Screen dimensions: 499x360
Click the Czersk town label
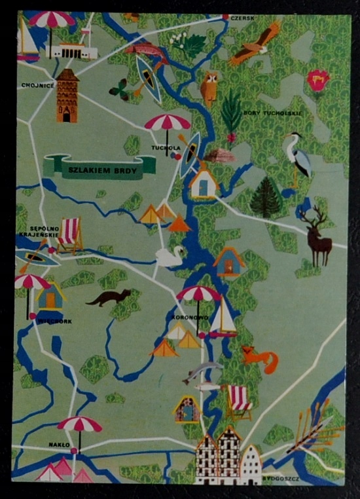[x=242, y=18]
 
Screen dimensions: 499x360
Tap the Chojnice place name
[x=37, y=85]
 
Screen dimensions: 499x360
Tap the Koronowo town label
[x=190, y=317]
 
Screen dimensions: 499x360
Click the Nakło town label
[x=59, y=445]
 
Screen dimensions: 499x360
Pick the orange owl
[x=209, y=87]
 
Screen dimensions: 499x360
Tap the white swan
[x=170, y=256]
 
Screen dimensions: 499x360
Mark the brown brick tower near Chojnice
[x=67, y=96]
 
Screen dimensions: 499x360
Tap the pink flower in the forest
[x=317, y=81]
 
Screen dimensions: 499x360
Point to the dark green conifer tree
[x=265, y=196]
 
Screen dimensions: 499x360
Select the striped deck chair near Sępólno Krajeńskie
[x=70, y=235]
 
